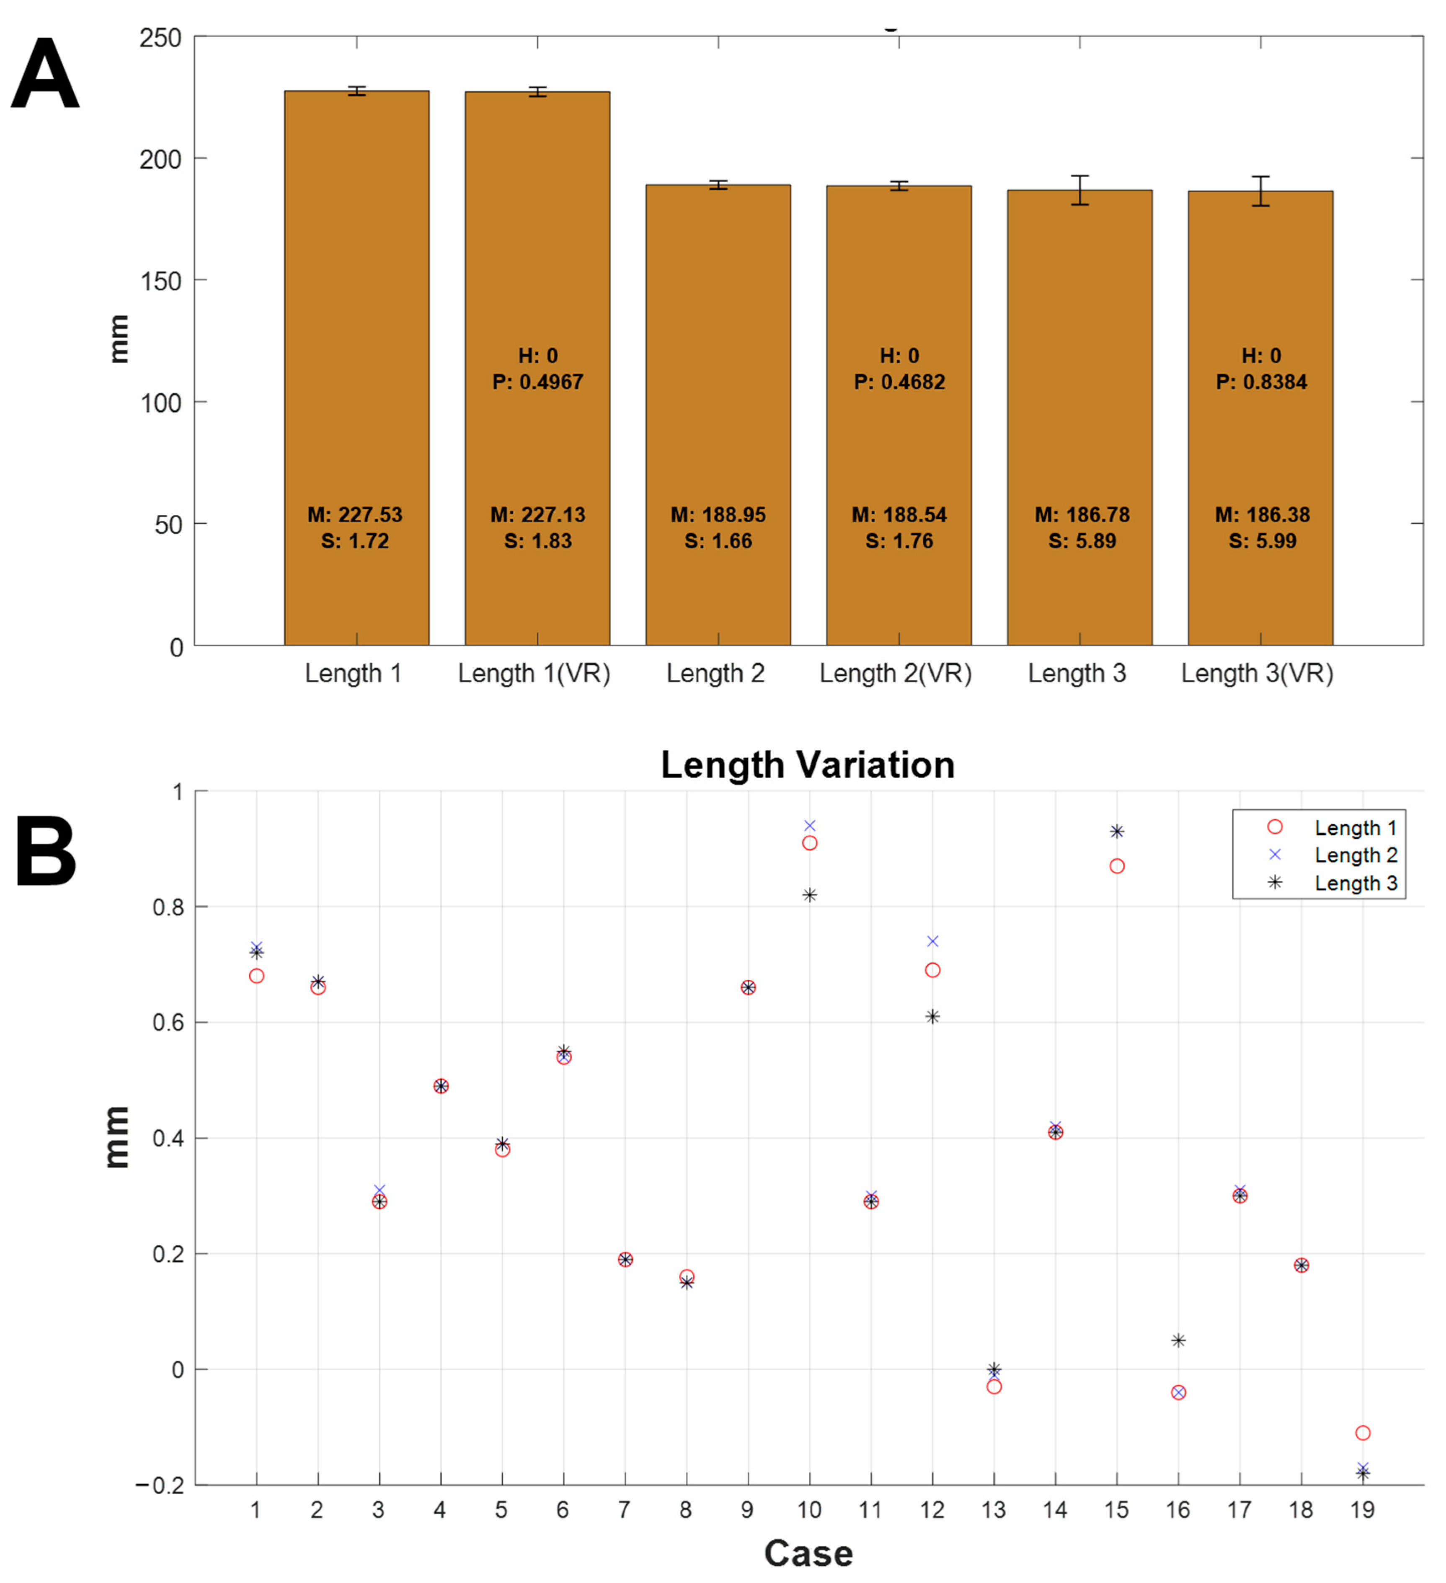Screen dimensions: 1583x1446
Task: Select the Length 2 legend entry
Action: [1355, 855]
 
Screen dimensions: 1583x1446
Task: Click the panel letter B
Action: [46, 852]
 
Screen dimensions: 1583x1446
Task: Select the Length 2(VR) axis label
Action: [896, 673]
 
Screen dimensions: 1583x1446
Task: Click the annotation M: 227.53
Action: [355, 515]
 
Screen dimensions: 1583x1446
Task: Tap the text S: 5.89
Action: [1082, 541]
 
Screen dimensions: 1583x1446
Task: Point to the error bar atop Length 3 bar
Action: [1080, 190]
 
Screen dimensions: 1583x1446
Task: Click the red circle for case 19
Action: [1363, 1433]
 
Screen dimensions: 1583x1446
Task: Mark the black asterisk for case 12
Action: [932, 1017]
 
